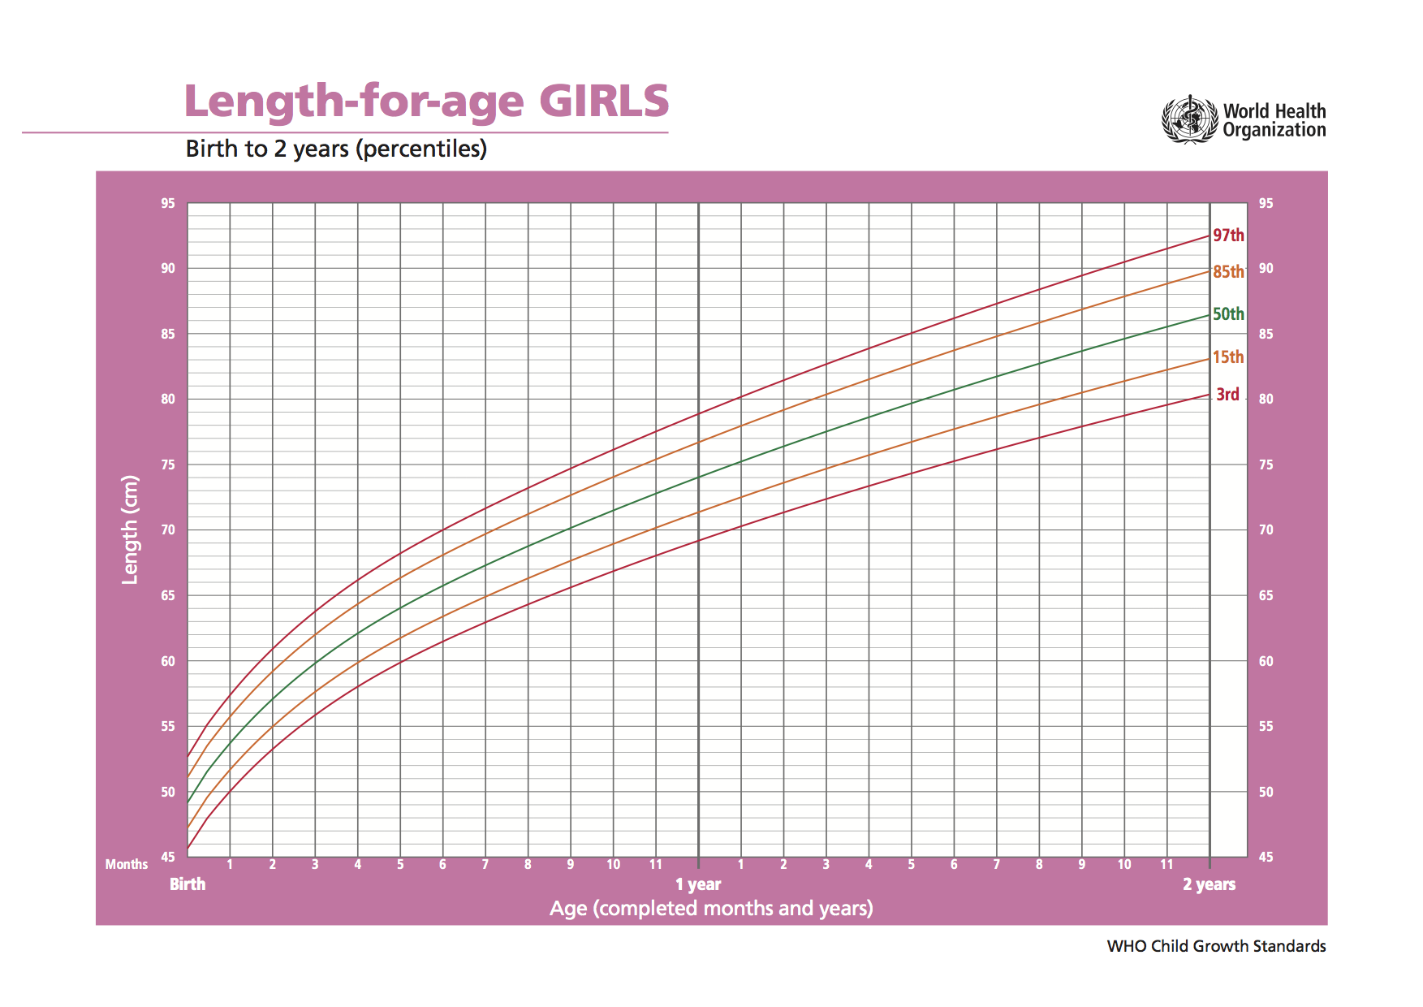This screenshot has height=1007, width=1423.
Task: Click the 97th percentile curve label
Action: pos(1228,236)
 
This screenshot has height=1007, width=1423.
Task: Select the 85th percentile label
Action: pos(1228,272)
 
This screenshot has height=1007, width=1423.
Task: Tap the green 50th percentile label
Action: pos(1228,314)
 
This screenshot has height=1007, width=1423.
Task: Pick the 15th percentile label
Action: pos(1228,357)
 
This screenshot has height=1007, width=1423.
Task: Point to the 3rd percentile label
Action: pos(1227,395)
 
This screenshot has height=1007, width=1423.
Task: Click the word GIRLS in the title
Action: pos(604,101)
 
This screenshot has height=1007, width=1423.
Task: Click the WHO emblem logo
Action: pos(1190,120)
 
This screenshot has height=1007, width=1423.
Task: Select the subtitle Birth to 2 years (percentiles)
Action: pos(336,149)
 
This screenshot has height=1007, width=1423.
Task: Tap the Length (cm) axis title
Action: pos(130,529)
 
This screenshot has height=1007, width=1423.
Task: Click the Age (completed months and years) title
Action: pos(711,909)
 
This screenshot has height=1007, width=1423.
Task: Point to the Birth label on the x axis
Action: pos(188,884)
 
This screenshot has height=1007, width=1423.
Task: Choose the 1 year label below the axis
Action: pos(698,884)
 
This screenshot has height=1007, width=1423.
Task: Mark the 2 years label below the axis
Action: pos(1209,884)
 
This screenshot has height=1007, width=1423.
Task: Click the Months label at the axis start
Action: pos(127,864)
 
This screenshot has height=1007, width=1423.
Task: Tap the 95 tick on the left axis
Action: pos(168,203)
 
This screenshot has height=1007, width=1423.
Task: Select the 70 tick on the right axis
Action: pos(1266,529)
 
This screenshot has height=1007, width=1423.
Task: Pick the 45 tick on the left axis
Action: pos(168,857)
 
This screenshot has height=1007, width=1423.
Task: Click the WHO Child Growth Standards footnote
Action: pos(1216,946)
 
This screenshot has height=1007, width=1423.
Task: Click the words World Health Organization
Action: pos(1274,120)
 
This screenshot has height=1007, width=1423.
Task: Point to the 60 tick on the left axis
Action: pos(168,661)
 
